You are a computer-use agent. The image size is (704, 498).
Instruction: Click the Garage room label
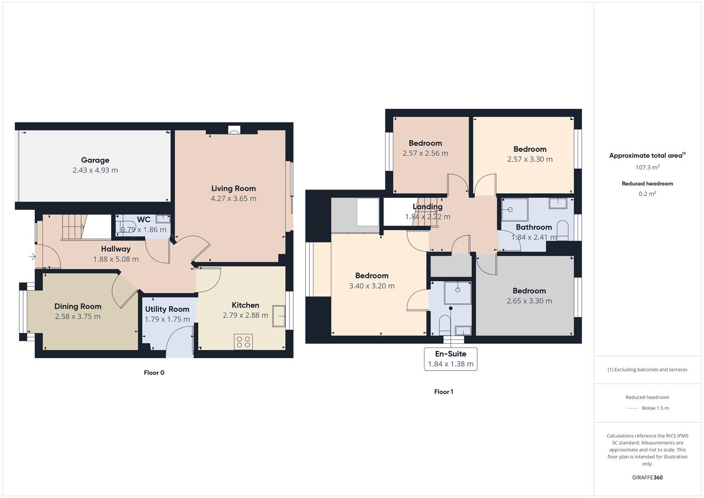coord(95,160)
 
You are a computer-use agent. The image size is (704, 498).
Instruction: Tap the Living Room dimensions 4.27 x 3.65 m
coord(233,198)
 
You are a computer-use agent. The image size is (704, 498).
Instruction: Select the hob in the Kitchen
coord(243,342)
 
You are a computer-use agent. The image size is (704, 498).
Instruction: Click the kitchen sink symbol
coord(278,316)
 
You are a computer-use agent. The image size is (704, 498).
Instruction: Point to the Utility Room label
coord(167,309)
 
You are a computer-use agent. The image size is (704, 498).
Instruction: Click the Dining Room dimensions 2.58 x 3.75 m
coord(77,316)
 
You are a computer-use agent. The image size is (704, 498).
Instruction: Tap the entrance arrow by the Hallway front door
coord(32,256)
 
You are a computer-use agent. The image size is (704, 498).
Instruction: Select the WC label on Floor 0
coord(143,219)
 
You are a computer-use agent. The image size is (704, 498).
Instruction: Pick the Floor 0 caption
coord(154,373)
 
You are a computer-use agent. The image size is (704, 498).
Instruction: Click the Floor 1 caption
coord(444,392)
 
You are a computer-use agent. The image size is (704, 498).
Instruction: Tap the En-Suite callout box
coord(450,359)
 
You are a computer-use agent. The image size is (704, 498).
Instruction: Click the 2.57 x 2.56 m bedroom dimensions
coord(425,153)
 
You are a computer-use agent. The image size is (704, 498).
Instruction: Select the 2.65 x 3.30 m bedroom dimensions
coord(529,301)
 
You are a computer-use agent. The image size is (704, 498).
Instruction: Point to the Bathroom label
coord(533,227)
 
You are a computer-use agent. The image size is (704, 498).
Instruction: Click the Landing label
coord(427,207)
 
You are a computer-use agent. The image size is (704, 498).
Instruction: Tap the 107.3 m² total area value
coord(647,167)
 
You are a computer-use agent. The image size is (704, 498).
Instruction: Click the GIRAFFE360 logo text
coord(647,477)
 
